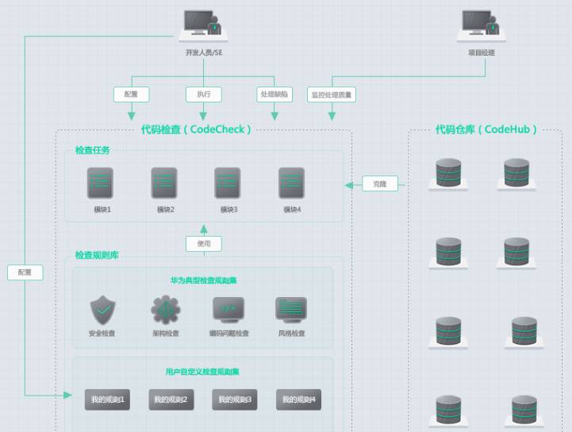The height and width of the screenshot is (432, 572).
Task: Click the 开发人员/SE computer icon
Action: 203,25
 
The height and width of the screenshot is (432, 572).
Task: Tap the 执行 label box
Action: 204,94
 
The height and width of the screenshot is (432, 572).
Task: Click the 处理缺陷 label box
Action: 274,94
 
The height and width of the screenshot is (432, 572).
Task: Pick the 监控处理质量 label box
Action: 332,94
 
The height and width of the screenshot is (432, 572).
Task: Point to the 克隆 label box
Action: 380,184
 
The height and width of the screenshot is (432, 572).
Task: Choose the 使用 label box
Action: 204,244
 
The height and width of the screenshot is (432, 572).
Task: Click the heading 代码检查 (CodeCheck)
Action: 196,129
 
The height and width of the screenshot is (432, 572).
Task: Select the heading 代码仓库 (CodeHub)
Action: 486,129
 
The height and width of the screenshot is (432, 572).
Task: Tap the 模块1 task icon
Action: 101,183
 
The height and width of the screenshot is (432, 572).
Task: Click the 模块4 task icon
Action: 292,183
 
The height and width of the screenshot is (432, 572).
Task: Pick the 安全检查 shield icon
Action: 102,310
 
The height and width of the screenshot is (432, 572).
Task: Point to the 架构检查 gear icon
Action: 166,310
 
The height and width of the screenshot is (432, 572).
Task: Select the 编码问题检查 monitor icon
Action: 228,310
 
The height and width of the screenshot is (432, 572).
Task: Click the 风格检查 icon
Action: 291,310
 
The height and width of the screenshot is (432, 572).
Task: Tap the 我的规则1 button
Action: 107,399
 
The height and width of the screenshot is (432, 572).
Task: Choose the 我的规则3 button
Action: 235,399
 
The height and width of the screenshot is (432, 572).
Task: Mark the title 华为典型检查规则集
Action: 203,280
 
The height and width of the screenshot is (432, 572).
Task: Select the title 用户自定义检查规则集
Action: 203,371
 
